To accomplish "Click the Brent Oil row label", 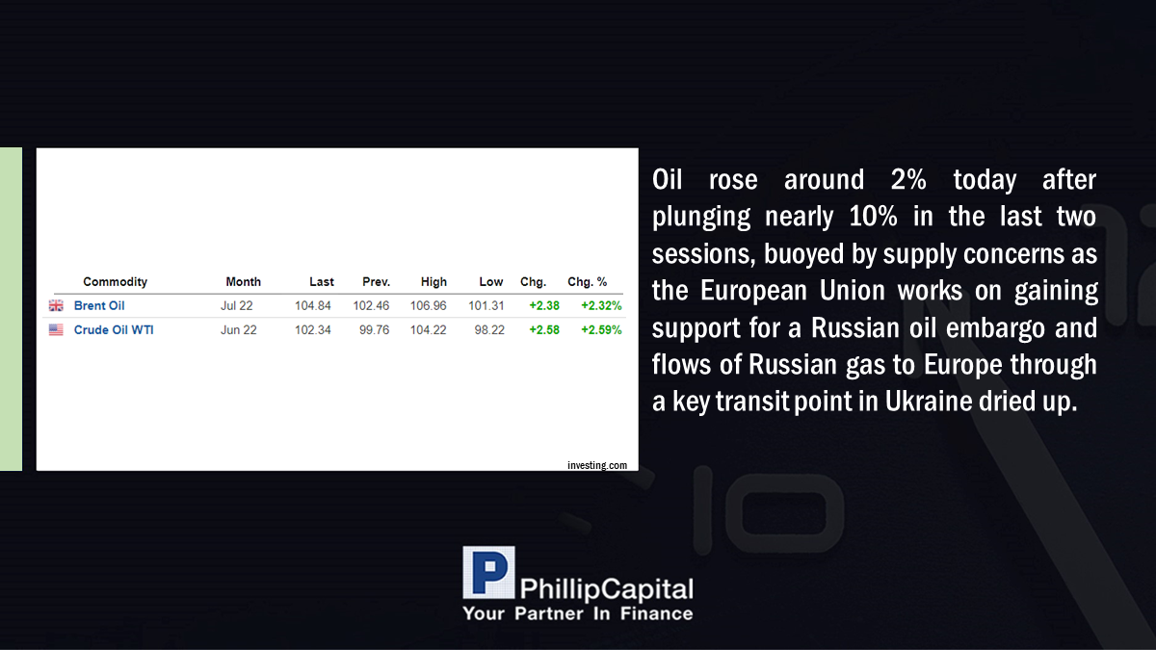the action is click(99, 306).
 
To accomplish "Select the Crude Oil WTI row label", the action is click(114, 330).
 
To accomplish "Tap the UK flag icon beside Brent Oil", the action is click(56, 306).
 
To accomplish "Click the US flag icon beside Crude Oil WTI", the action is click(56, 329).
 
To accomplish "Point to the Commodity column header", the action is click(115, 282).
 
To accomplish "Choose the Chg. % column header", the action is click(588, 282).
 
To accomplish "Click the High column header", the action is click(433, 282).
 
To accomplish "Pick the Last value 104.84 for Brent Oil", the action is click(313, 306).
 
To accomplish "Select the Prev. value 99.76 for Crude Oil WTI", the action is click(374, 330).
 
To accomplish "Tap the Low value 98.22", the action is click(489, 330).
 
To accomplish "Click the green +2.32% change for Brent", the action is click(601, 306).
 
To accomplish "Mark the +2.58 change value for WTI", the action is click(544, 330).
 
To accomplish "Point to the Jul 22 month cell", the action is click(237, 306).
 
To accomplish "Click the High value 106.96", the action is click(429, 306).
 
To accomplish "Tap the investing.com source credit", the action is click(597, 465).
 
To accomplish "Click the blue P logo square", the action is click(488, 573).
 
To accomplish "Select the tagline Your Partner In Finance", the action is click(577, 613).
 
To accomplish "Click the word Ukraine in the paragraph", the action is click(929, 402).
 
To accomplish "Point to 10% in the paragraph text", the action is click(873, 217).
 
